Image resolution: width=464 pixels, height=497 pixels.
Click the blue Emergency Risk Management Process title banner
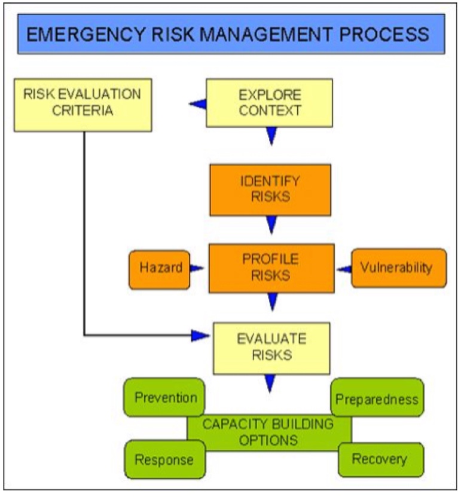[231, 33]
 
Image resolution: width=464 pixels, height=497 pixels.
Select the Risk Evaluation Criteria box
[82, 103]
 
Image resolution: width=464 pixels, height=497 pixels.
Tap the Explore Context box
[270, 103]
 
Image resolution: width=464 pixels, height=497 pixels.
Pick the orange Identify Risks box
[270, 189]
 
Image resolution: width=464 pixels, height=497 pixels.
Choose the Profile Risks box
[270, 267]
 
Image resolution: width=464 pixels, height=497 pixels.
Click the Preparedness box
[377, 398]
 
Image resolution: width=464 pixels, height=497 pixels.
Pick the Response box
[164, 460]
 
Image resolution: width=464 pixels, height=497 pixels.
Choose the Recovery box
[379, 459]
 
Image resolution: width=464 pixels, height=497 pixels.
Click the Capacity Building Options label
[267, 432]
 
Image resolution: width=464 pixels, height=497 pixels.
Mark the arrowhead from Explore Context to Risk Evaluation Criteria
[198, 105]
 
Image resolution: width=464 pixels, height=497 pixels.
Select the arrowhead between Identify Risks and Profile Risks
[272, 225]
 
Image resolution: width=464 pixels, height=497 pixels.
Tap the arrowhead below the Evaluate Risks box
[270, 382]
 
